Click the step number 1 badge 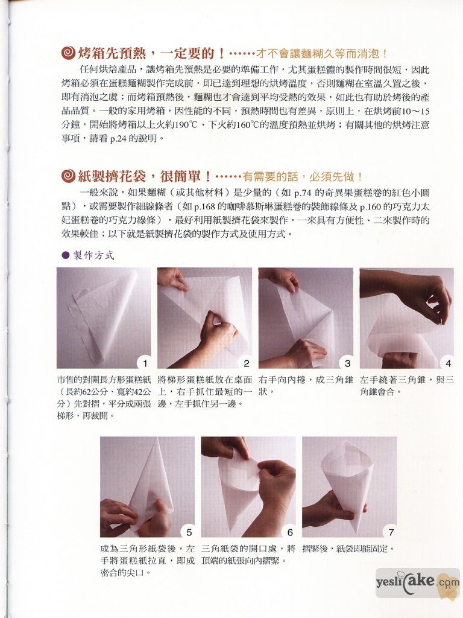(145, 363)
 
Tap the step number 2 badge (246, 363)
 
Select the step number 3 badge (347, 363)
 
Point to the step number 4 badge (448, 363)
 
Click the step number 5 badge (189, 532)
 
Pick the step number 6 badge (290, 532)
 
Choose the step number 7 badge (391, 532)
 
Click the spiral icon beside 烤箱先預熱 (69, 53)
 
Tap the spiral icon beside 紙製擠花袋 (69, 176)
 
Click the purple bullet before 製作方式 (66, 255)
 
